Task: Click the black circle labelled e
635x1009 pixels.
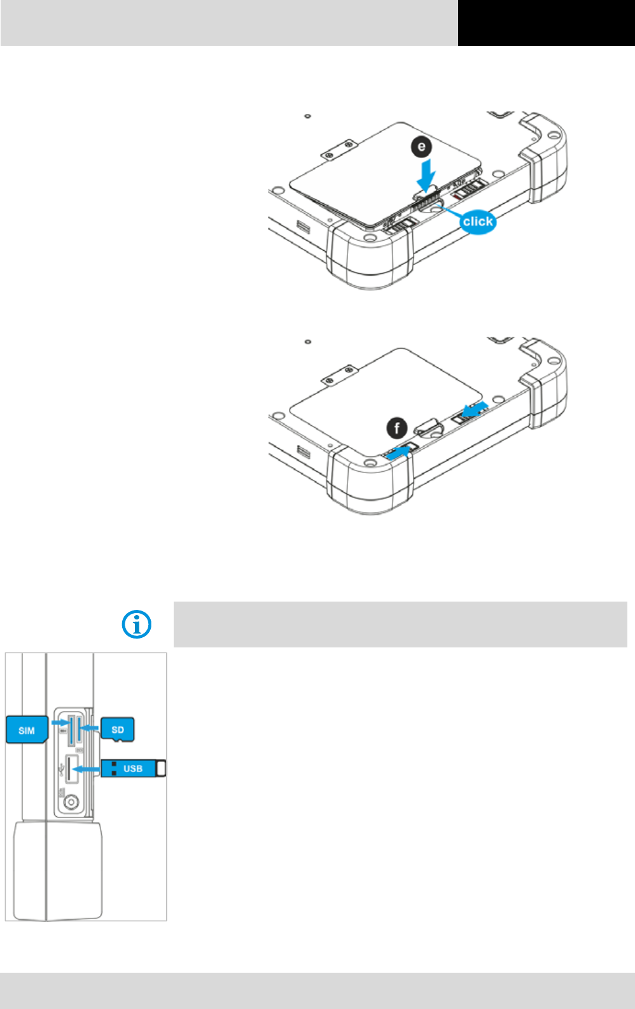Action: pyautogui.click(x=421, y=147)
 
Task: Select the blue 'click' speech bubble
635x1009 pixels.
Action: pyautogui.click(x=477, y=222)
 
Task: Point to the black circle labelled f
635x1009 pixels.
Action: pyautogui.click(x=398, y=428)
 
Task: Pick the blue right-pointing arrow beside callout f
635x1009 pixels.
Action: pyautogui.click(x=398, y=451)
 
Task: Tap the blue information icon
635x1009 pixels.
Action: pyautogui.click(x=137, y=624)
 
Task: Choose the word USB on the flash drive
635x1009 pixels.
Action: pyautogui.click(x=132, y=768)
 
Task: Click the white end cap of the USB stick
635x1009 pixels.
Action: pyautogui.click(x=161, y=768)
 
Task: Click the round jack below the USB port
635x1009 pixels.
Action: pyautogui.click(x=71, y=802)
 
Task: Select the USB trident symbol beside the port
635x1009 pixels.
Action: pyautogui.click(x=60, y=770)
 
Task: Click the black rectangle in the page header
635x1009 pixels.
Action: pyautogui.click(x=546, y=23)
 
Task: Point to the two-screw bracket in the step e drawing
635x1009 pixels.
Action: pyautogui.click(x=338, y=151)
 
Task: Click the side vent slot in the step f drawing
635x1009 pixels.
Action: pyautogui.click(x=303, y=453)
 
